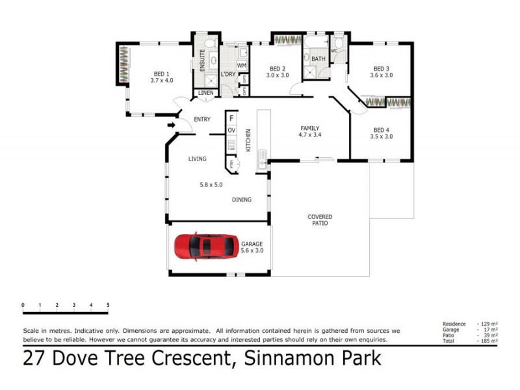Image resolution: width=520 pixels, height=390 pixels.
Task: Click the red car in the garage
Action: [x=205, y=247]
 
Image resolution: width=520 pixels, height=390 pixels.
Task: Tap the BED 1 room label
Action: [x=162, y=73]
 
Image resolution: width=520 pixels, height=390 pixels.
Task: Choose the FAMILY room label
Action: [x=310, y=128]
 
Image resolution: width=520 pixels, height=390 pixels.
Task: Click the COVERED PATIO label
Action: [x=319, y=220]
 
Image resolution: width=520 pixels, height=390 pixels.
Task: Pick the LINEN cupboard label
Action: [x=206, y=94]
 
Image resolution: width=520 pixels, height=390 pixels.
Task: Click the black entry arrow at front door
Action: [x=172, y=125]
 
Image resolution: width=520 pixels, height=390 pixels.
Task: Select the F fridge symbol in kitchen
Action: [x=231, y=119]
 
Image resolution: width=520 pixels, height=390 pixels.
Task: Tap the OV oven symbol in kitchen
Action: [x=231, y=131]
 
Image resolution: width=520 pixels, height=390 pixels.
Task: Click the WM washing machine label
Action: [x=241, y=66]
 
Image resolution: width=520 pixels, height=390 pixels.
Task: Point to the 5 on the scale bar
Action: [x=108, y=305]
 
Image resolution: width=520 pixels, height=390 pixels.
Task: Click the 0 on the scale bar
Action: [x=23, y=305]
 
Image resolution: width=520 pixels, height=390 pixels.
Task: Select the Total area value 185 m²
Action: [x=488, y=341]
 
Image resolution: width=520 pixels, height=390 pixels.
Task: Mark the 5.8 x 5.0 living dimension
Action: [x=211, y=185]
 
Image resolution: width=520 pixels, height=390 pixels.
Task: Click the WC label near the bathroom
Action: [x=334, y=51]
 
